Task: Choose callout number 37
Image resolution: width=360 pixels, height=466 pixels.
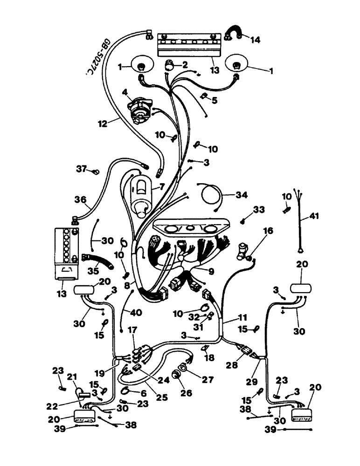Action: tap(82, 169)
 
